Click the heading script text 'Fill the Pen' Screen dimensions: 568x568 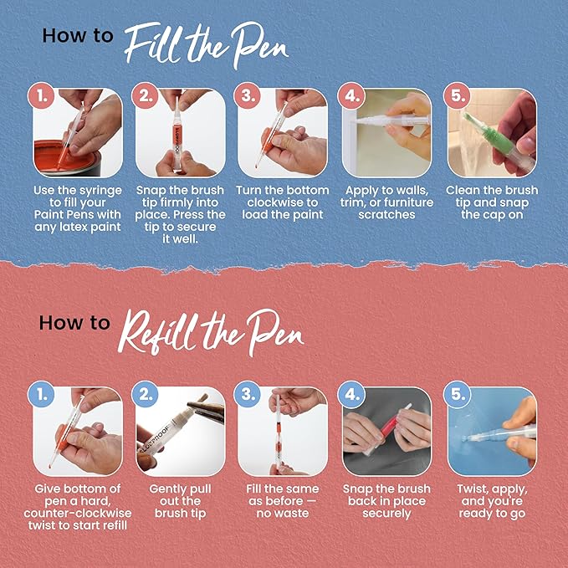click(206, 37)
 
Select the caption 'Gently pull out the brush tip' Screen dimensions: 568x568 click(181, 500)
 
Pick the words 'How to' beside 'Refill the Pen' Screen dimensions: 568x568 click(74, 324)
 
